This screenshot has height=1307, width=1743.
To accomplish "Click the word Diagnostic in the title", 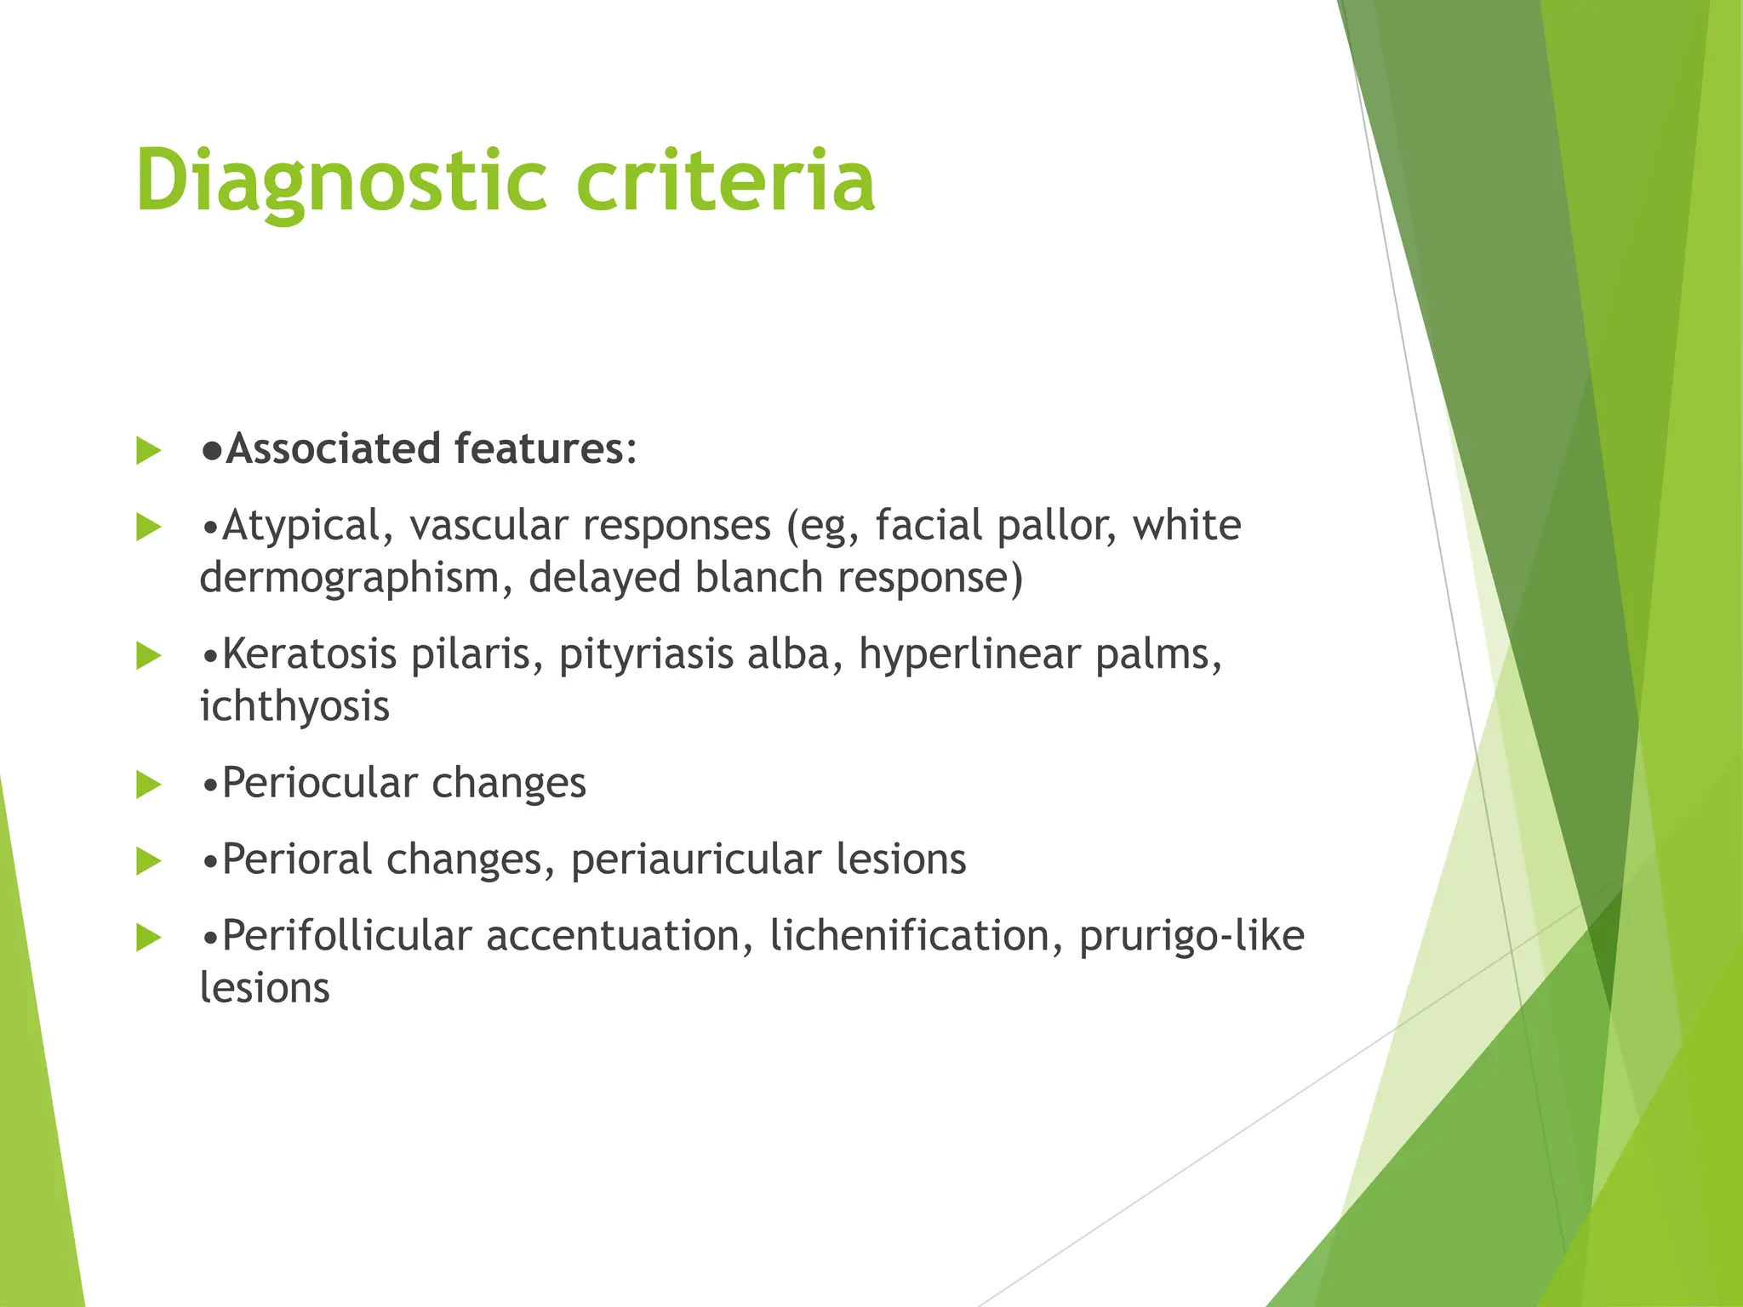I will (x=340, y=180).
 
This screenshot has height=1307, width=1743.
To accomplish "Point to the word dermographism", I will (x=356, y=578).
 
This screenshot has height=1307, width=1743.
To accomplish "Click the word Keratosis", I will (x=310, y=654).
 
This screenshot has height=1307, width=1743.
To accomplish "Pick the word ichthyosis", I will (x=294, y=706).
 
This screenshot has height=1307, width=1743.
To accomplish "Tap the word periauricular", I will (x=695, y=859).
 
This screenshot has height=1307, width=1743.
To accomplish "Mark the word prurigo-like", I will (x=1192, y=936).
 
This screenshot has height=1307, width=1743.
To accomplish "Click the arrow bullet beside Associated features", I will (x=148, y=451).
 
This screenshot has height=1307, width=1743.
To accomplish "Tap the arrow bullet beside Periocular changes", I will (x=148, y=785).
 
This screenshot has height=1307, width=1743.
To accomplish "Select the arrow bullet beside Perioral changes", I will (x=148, y=861).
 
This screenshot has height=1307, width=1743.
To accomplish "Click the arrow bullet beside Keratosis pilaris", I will (x=148, y=656).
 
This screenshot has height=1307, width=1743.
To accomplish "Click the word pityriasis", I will (x=645, y=654).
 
